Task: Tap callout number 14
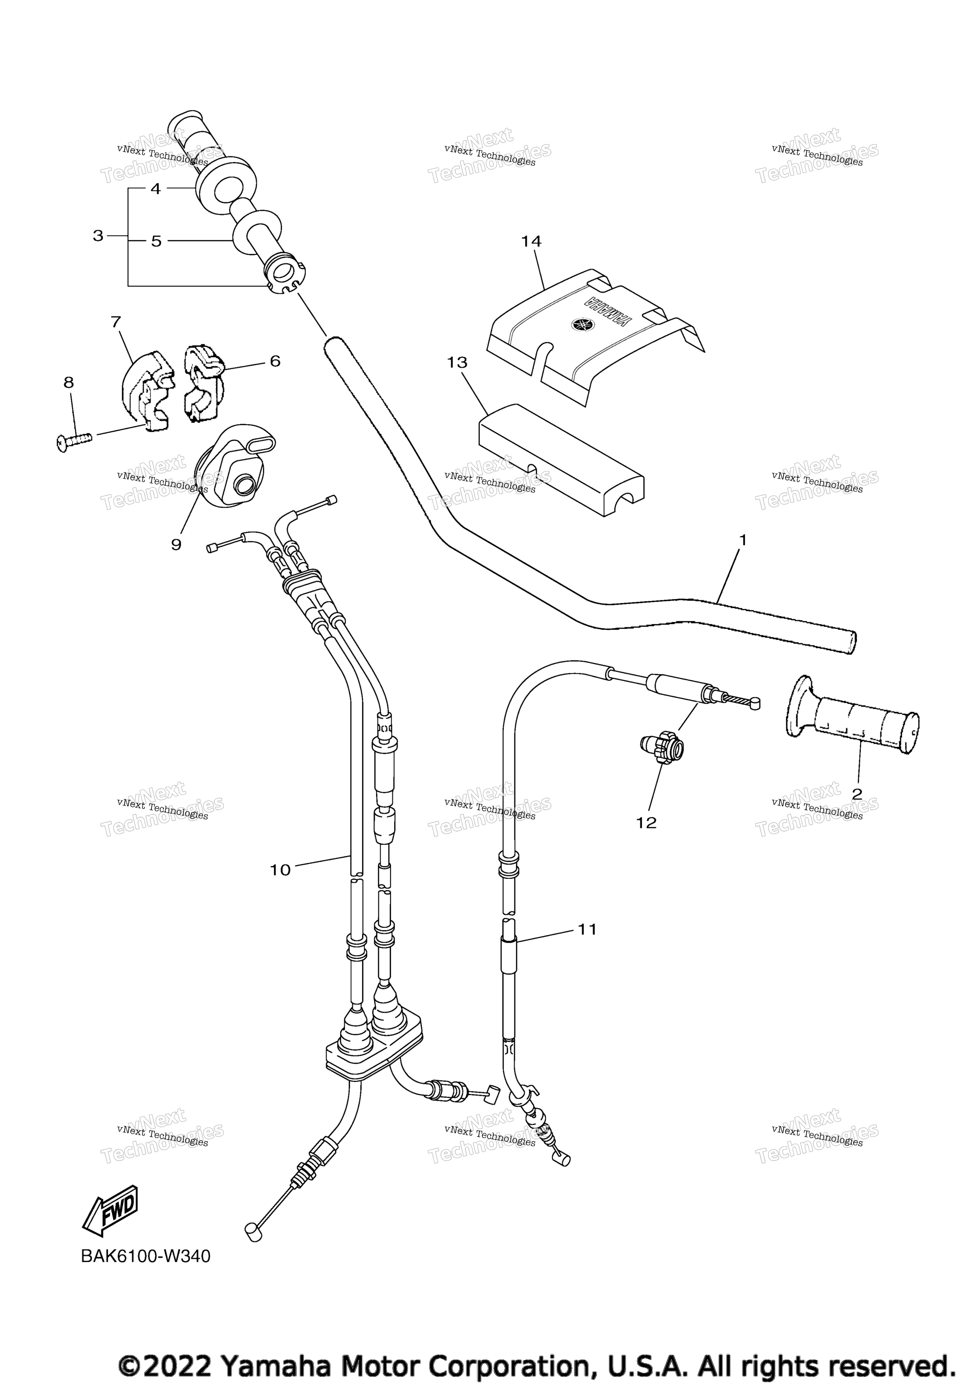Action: pos(531,242)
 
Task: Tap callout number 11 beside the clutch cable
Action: pos(587,930)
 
